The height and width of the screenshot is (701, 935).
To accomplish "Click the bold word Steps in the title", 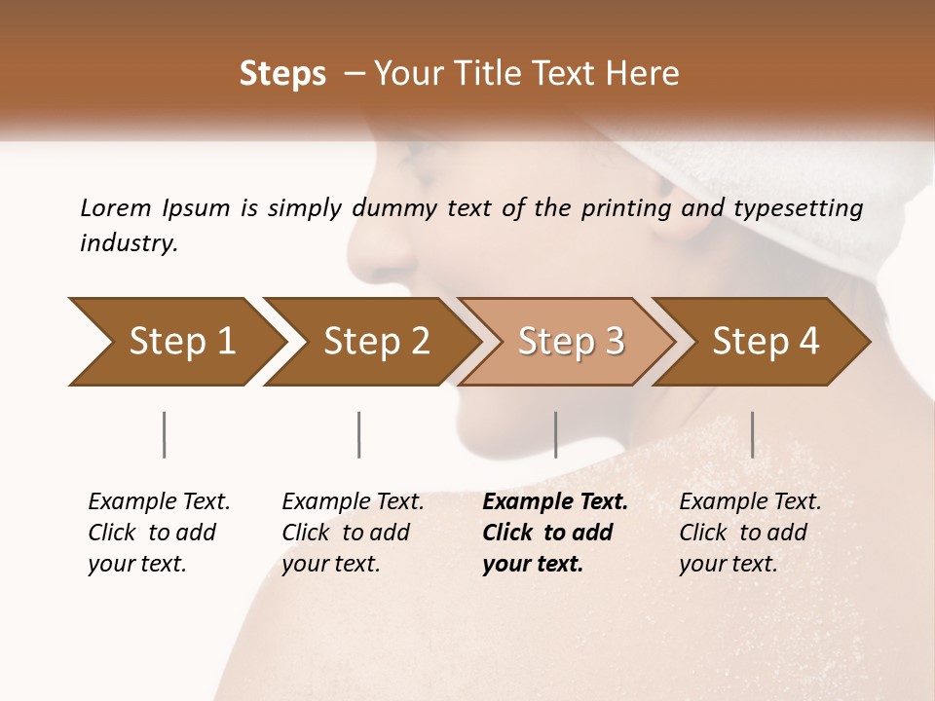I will tap(282, 74).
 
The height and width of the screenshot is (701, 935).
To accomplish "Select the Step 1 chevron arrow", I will tap(175, 341).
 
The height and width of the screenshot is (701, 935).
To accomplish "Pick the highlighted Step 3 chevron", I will tap(570, 341).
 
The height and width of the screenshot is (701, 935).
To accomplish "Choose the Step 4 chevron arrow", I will tap(765, 341).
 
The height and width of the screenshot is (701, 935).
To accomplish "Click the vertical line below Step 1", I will tap(165, 434).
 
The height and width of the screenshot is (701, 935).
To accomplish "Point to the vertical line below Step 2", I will tap(359, 434).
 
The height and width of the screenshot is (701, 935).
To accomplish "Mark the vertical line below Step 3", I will tap(555, 434).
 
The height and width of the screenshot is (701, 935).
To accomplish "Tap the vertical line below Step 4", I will tap(752, 434).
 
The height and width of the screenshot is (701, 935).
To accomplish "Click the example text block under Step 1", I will tap(159, 533).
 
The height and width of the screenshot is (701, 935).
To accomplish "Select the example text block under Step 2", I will tap(353, 533).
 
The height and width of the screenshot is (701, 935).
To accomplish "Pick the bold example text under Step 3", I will tap(555, 533).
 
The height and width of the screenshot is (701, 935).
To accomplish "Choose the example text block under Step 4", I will tap(750, 533).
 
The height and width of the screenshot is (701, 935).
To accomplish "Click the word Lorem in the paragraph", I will tap(116, 207).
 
